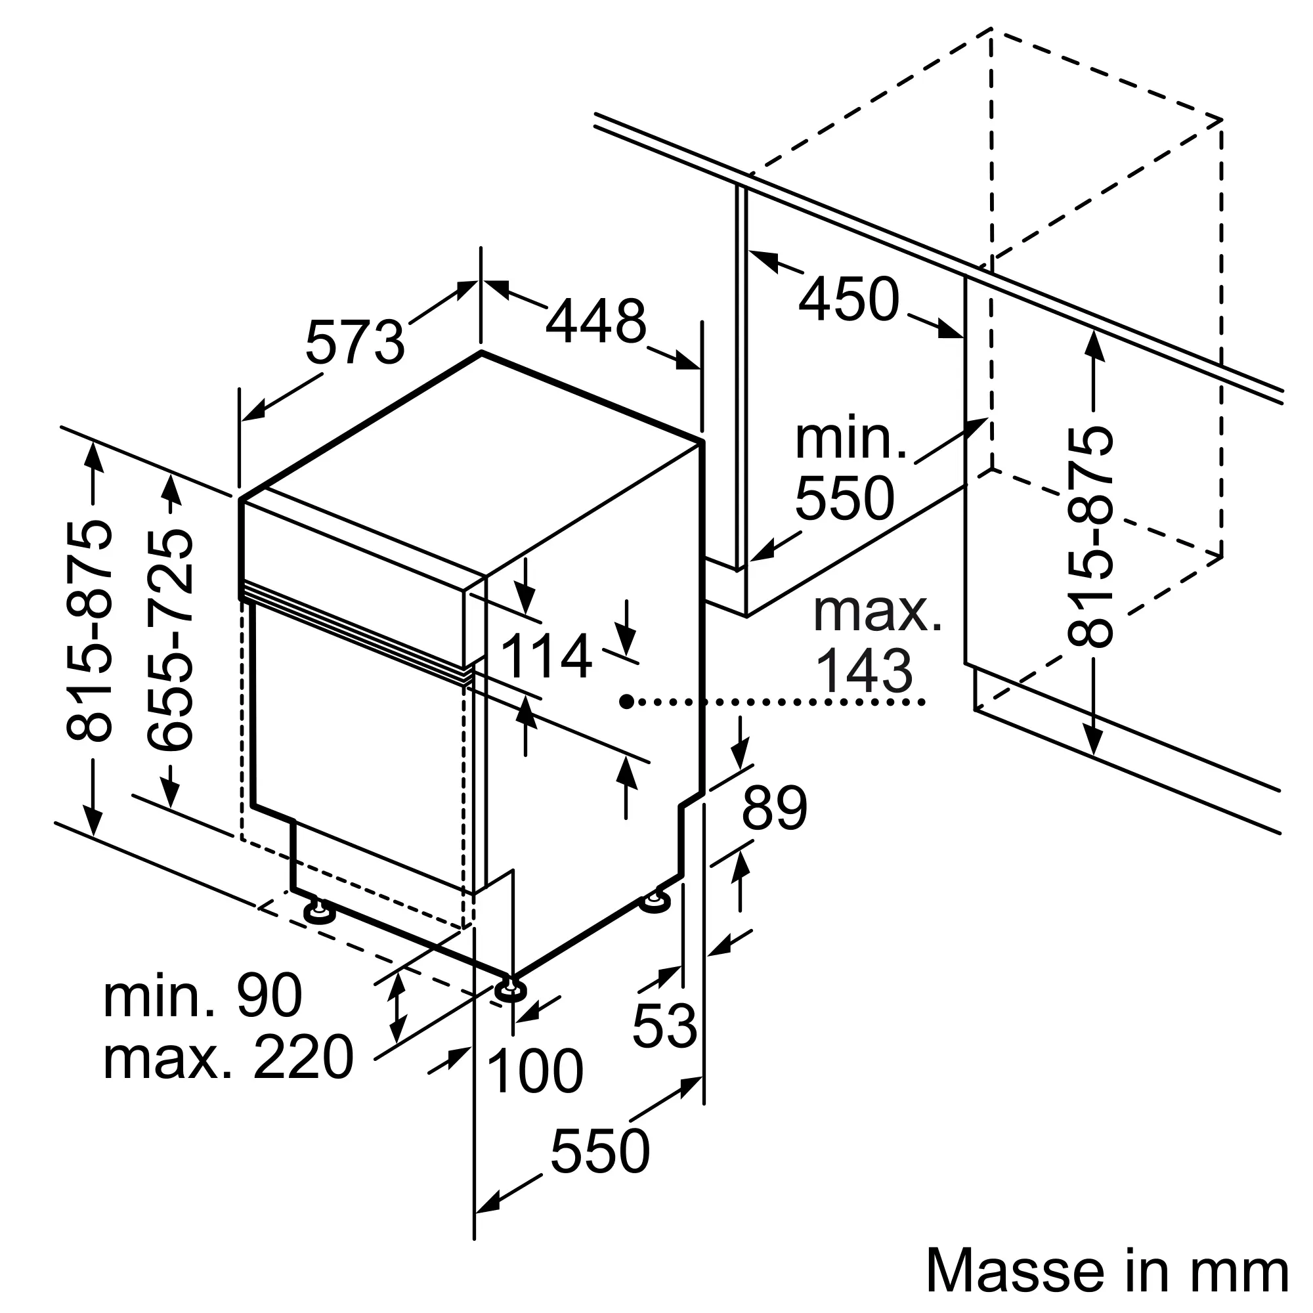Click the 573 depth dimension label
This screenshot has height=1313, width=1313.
tap(355, 342)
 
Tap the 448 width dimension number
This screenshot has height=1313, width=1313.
tap(595, 322)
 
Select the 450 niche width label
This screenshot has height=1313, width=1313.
tap(848, 298)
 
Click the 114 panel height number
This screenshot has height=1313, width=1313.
tap(546, 656)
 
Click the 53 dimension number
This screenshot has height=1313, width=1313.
tap(664, 1025)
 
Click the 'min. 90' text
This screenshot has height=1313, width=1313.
tap(202, 996)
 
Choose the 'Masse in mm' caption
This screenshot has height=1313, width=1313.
tap(1107, 1270)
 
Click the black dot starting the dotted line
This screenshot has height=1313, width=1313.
tap(626, 700)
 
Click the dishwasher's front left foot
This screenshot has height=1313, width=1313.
tap(320, 911)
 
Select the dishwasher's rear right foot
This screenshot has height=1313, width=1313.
tap(655, 901)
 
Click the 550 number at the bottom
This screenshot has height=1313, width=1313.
tap(600, 1151)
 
